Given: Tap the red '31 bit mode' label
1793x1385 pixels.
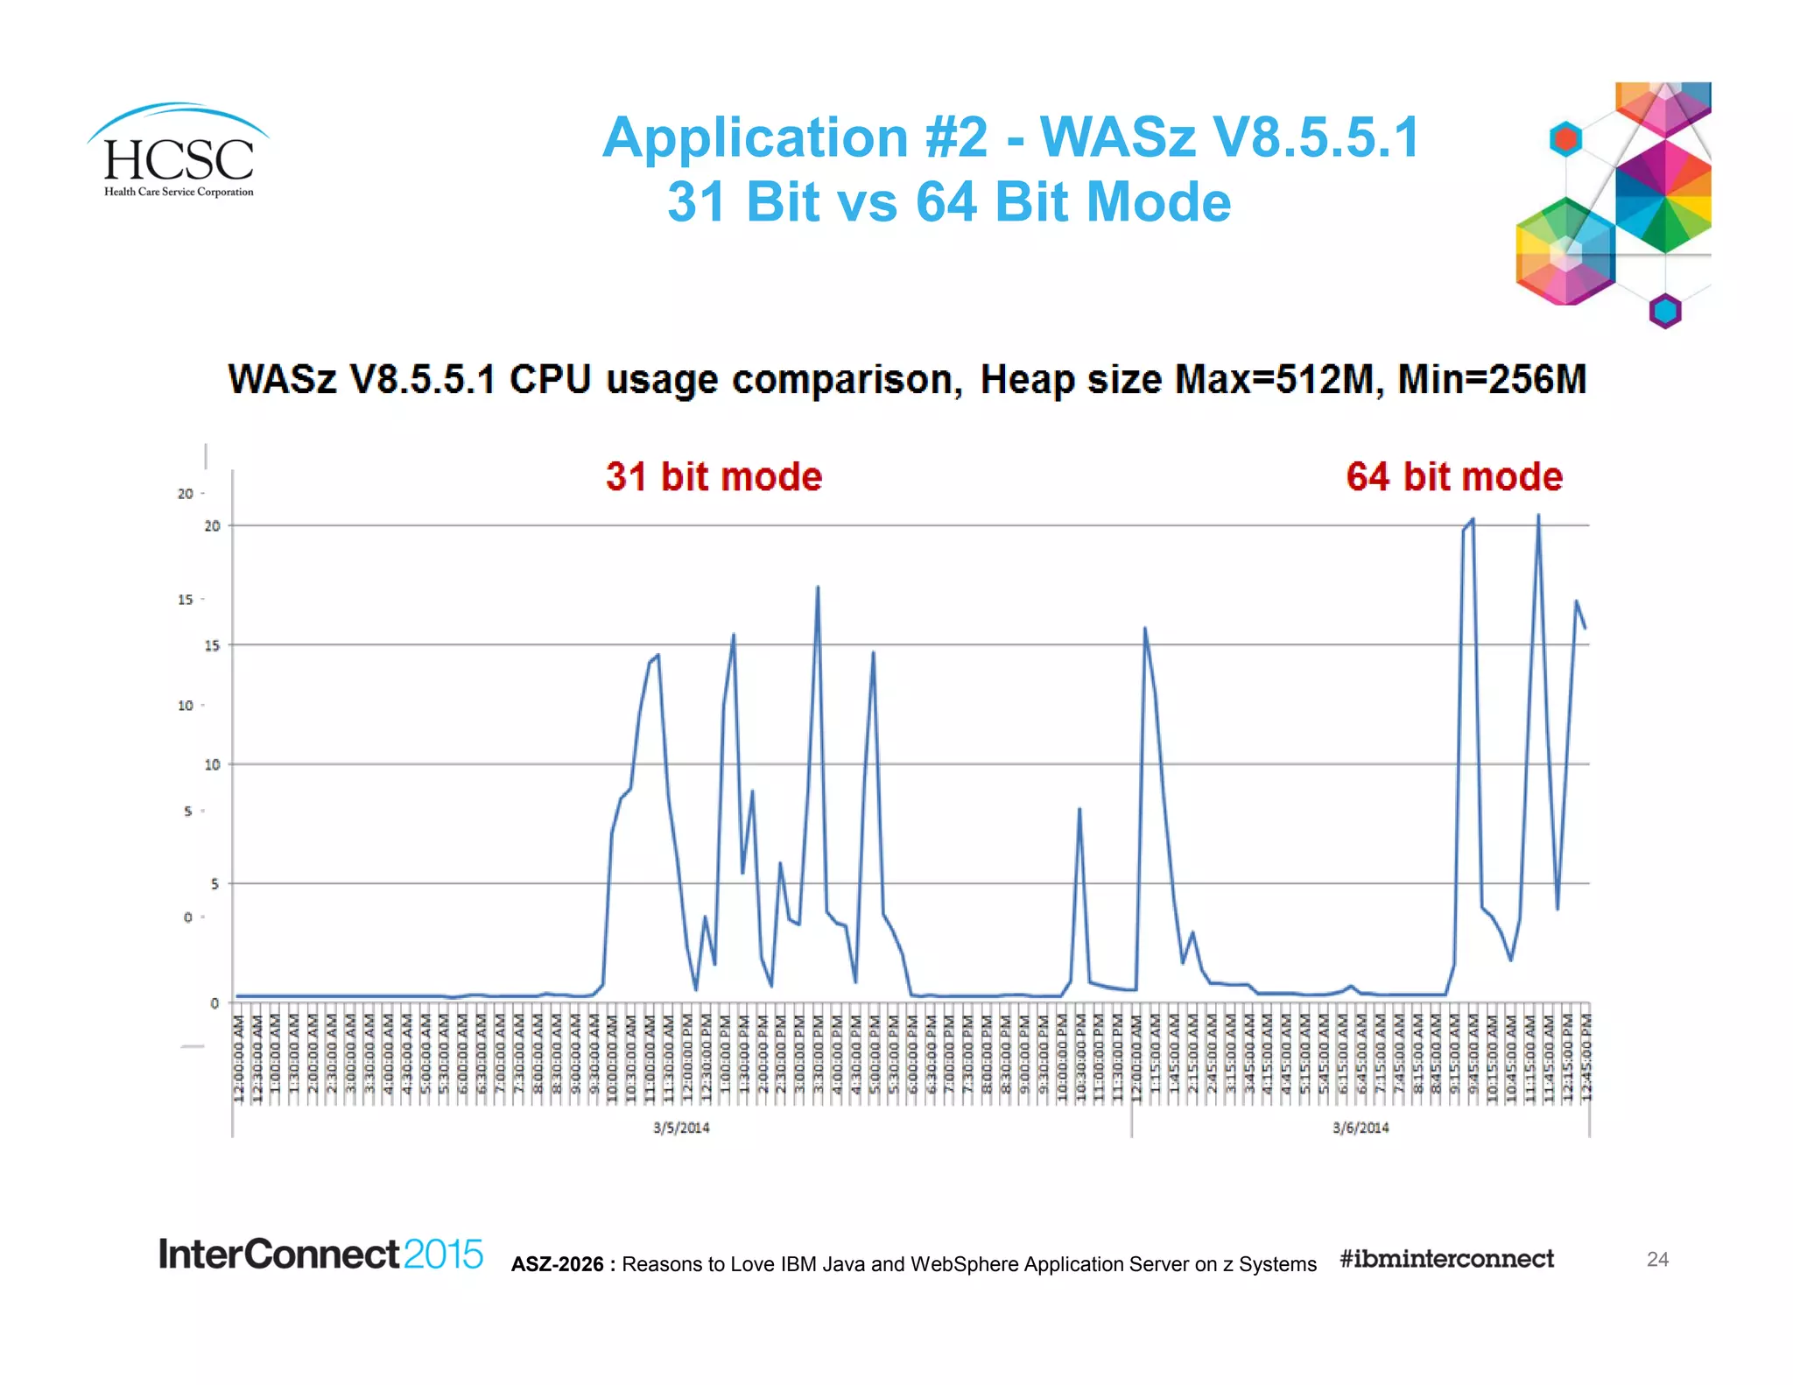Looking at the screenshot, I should coord(714,477).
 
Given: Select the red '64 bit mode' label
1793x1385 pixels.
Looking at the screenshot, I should coord(1454,477).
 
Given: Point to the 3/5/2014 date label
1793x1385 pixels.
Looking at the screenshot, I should coord(681,1128).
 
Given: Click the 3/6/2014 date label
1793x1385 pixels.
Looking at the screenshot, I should coord(1361,1128).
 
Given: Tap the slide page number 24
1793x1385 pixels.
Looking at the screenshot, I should coord(1657,1259).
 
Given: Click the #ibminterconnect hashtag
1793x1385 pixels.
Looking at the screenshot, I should coord(1446,1259).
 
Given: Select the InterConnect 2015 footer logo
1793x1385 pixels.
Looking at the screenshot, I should coord(320,1255).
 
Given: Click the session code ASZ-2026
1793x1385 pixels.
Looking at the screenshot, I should coord(558,1264).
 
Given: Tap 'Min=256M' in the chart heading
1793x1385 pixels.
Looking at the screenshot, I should coord(1491,380).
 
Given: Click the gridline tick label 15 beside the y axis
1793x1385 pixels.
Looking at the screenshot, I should coord(212,645).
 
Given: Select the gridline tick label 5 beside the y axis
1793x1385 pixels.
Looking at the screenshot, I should coord(214,884).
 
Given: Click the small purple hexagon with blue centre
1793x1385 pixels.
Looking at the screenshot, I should coord(1665,311).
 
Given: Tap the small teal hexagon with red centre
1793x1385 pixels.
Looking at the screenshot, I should coord(1565,139).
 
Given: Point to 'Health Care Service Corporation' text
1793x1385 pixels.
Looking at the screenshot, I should coord(179,192).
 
